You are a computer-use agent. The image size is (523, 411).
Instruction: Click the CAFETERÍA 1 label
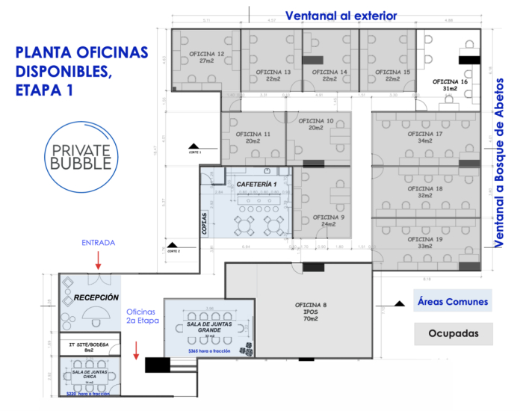(x=257, y=184)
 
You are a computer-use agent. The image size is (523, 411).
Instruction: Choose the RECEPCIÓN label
(x=96, y=297)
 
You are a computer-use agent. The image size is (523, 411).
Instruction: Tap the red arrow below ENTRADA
(x=98, y=259)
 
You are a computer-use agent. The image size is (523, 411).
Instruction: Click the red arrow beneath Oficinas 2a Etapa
(x=135, y=349)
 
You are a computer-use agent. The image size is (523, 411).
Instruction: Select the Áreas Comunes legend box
(x=453, y=303)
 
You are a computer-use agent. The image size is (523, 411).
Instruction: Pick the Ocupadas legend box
(x=453, y=333)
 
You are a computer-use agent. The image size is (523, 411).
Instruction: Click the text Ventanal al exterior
(x=341, y=16)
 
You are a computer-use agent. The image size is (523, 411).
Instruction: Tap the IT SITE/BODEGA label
(x=88, y=344)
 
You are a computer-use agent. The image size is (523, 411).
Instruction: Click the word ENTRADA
(x=99, y=242)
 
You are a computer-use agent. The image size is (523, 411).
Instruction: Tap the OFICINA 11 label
(x=248, y=134)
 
